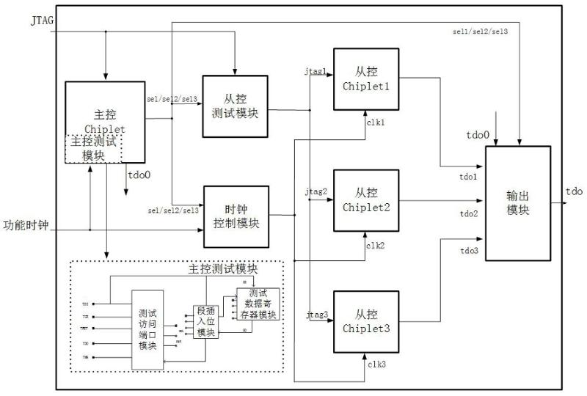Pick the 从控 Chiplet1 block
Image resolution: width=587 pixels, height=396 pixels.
click(x=366, y=78)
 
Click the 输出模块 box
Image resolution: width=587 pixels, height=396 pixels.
click(x=518, y=202)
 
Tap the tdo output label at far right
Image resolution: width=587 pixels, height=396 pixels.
click(x=574, y=192)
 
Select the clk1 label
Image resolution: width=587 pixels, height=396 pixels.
click(x=376, y=122)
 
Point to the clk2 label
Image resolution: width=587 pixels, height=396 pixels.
click(x=376, y=245)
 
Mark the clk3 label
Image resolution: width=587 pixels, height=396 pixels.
click(x=376, y=364)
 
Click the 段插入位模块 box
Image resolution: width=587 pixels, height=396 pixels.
click(x=206, y=320)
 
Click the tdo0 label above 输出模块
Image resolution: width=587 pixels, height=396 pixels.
click(x=478, y=136)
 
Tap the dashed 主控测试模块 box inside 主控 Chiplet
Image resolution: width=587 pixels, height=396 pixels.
click(x=93, y=149)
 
